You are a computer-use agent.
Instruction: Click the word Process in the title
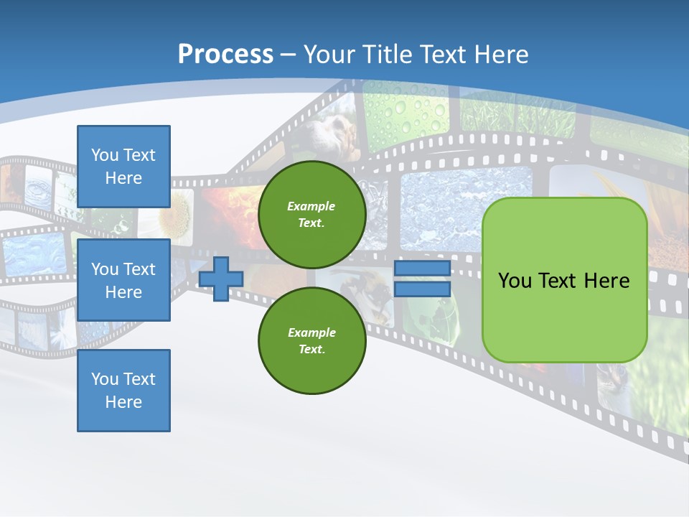pyautogui.click(x=225, y=55)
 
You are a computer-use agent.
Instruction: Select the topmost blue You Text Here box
pyautogui.click(x=123, y=167)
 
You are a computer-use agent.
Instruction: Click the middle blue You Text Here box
pyautogui.click(x=123, y=280)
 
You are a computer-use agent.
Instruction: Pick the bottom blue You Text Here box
pyautogui.click(x=123, y=391)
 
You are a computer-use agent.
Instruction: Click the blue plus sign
pyautogui.click(x=220, y=279)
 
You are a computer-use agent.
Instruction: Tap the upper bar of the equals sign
pyautogui.click(x=422, y=269)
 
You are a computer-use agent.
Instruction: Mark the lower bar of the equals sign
pyautogui.click(x=422, y=289)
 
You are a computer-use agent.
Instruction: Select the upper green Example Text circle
pyautogui.click(x=311, y=214)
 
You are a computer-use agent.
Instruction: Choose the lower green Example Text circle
pyautogui.click(x=311, y=340)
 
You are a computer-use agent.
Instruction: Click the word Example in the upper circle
pyautogui.click(x=311, y=206)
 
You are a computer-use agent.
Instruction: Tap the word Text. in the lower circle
pyautogui.click(x=311, y=350)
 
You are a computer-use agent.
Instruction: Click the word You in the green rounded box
pyautogui.click(x=515, y=281)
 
